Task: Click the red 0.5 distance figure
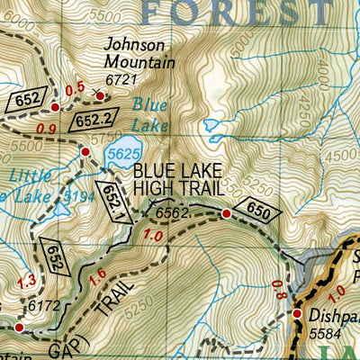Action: click(x=76, y=87)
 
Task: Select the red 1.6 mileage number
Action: click(x=99, y=274)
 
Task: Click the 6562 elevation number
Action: click(x=173, y=212)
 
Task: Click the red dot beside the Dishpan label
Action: click(x=297, y=313)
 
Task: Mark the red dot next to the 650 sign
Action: click(x=226, y=214)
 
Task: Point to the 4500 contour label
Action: click(x=340, y=155)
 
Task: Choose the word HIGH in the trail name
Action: click(x=152, y=187)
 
